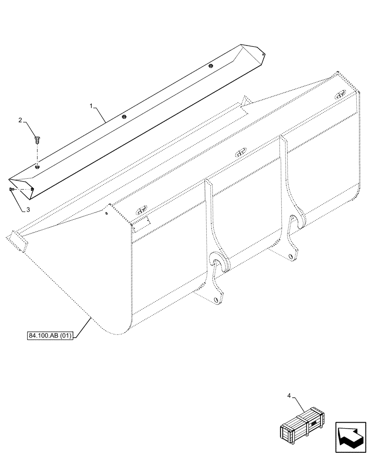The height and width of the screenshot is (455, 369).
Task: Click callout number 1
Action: tap(92, 106)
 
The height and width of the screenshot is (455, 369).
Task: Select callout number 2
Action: tap(20, 121)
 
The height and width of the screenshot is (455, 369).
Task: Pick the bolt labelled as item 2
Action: tap(37, 139)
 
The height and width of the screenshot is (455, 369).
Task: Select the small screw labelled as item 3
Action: tap(11, 189)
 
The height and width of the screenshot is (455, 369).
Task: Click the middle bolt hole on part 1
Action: tap(124, 116)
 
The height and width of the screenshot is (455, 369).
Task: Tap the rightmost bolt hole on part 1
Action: tap(210, 66)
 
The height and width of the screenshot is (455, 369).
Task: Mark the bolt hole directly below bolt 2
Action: tap(37, 167)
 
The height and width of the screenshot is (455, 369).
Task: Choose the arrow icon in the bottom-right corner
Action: tap(350, 436)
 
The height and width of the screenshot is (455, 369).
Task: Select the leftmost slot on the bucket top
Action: tap(141, 211)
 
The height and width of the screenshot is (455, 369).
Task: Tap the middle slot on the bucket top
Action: tap(241, 153)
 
